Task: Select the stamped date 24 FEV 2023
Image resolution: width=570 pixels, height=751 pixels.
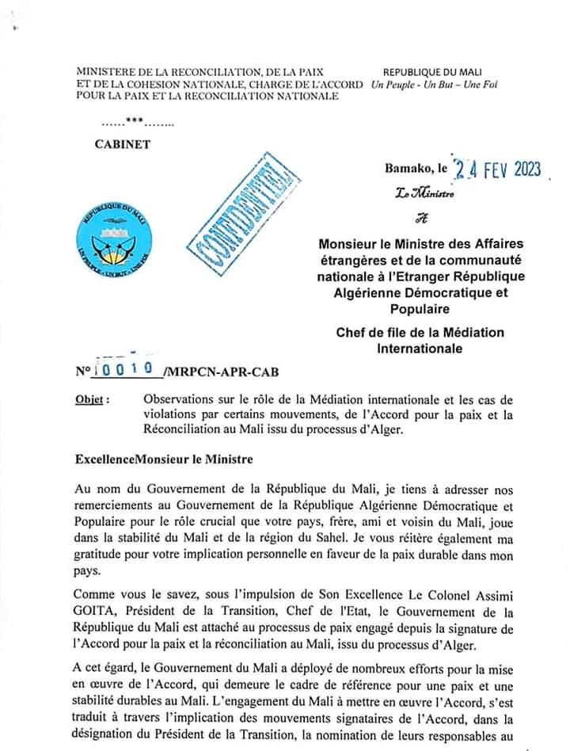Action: (x=494, y=168)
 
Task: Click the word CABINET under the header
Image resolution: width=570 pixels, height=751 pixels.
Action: (x=122, y=144)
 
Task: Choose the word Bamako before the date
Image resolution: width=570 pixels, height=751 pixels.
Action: (x=408, y=169)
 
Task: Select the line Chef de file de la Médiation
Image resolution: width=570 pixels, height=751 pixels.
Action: (x=430, y=332)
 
